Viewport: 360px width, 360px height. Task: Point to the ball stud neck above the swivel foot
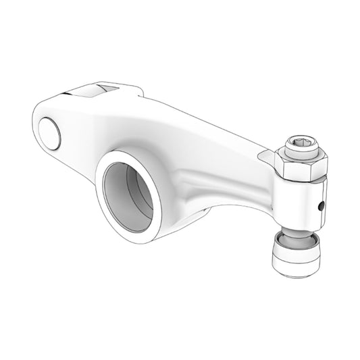[294, 236]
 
